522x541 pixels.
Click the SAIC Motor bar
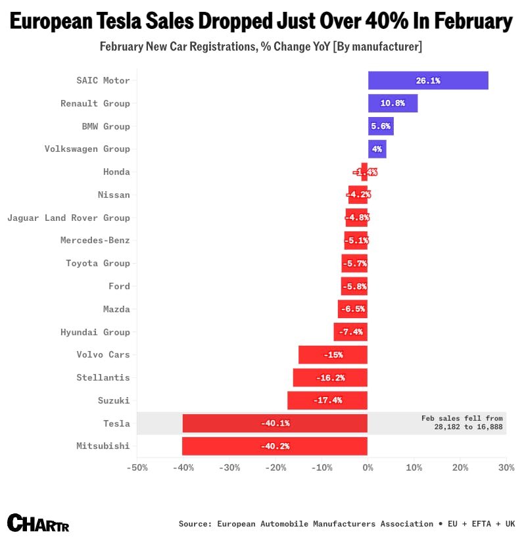[x=428, y=81]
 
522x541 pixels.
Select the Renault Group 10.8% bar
[x=392, y=103]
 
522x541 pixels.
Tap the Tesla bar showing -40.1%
[x=275, y=423]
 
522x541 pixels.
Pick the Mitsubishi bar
[x=275, y=446]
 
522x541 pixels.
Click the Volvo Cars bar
[x=333, y=355]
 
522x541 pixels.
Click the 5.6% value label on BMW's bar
[x=381, y=126]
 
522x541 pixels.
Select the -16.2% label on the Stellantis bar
[x=330, y=378]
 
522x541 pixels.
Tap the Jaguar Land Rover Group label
[x=68, y=218]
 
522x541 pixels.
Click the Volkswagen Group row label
[x=87, y=149]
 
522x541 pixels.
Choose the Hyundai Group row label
[x=95, y=332]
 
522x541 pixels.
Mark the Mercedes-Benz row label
[x=95, y=241]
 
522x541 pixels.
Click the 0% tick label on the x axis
[x=368, y=468]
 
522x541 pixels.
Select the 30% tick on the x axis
[x=506, y=468]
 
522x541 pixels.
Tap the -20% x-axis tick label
[x=275, y=468]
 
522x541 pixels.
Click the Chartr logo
[x=38, y=523]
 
